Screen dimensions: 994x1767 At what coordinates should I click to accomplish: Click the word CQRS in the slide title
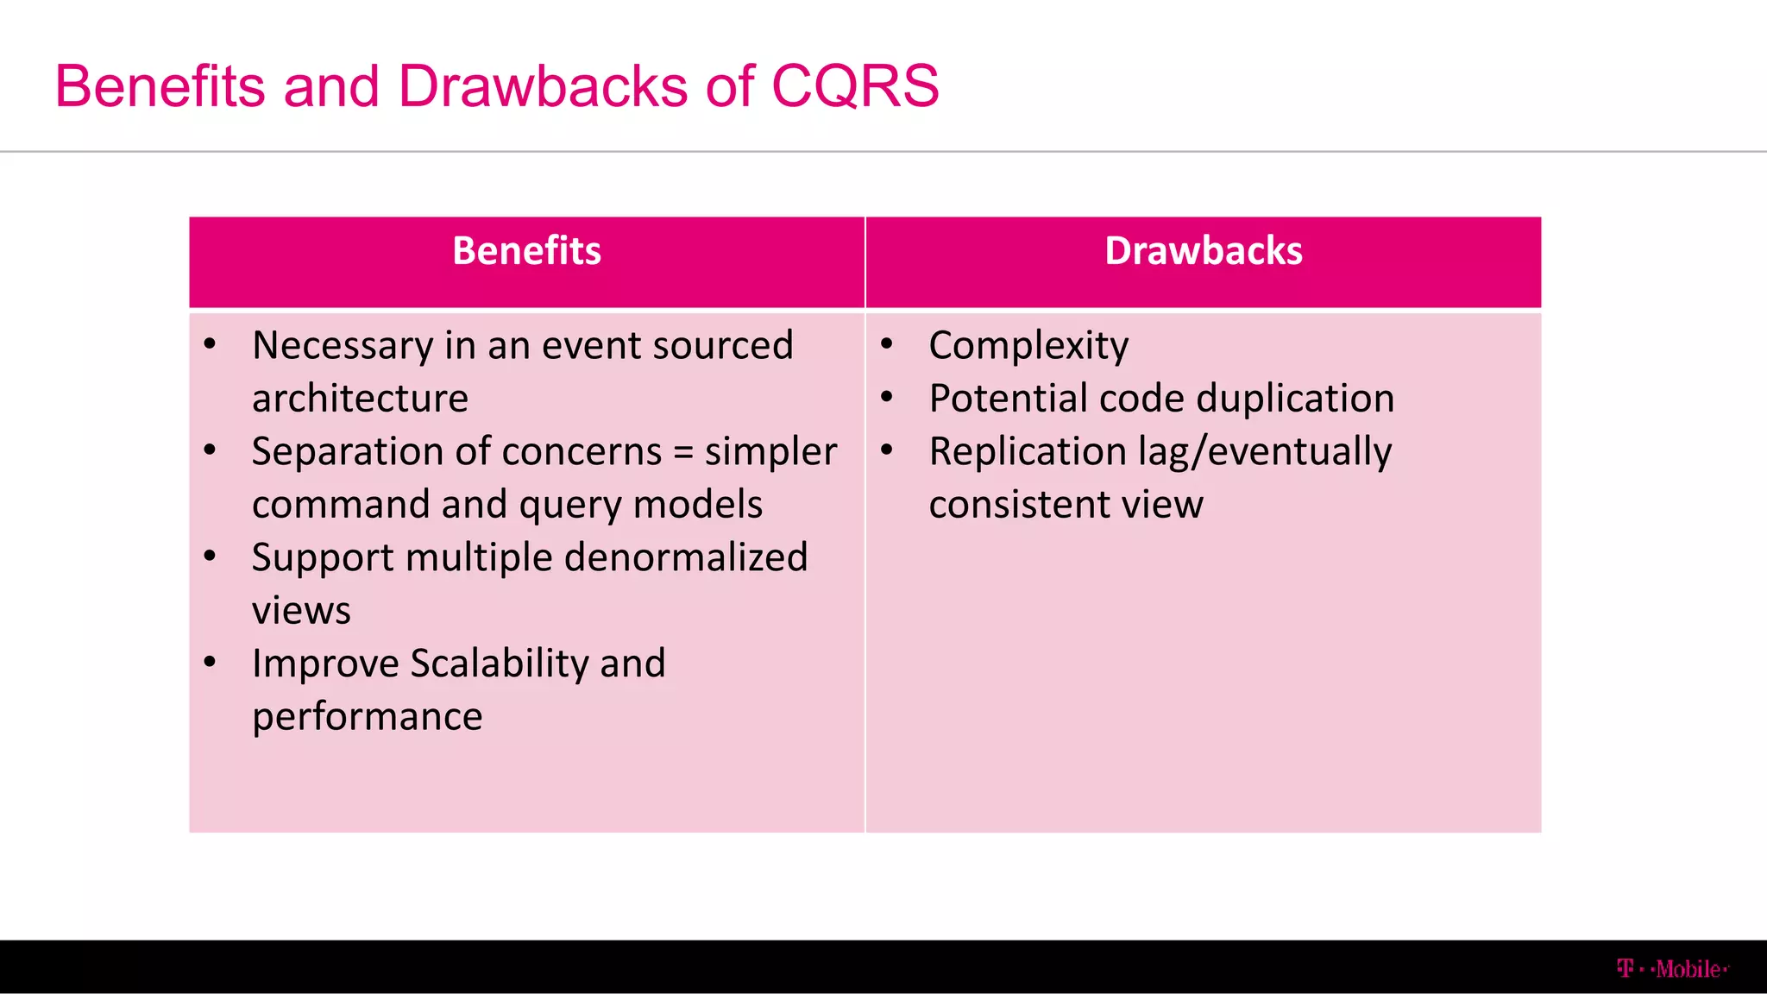pyautogui.click(x=854, y=86)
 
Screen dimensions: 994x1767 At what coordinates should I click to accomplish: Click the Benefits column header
pyautogui.click(x=526, y=251)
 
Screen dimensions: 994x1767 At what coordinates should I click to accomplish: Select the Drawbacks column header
pyautogui.click(x=1203, y=251)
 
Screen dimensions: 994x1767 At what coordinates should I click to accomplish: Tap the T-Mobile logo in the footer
pyautogui.click(x=1672, y=969)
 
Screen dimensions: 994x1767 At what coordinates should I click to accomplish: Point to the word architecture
pyautogui.click(x=360, y=399)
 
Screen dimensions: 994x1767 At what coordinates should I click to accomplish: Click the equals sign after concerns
pyautogui.click(x=683, y=452)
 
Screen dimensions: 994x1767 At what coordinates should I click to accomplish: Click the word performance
pyautogui.click(x=367, y=717)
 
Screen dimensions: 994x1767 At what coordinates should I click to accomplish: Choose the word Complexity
pyautogui.click(x=1028, y=346)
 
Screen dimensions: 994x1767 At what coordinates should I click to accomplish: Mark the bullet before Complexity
pyautogui.click(x=886, y=344)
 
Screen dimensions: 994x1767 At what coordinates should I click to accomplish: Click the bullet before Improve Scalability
pyautogui.click(x=210, y=663)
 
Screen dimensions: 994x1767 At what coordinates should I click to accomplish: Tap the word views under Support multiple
pyautogui.click(x=301, y=611)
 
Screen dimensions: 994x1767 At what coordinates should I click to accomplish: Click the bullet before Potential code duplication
pyautogui.click(x=886, y=397)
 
